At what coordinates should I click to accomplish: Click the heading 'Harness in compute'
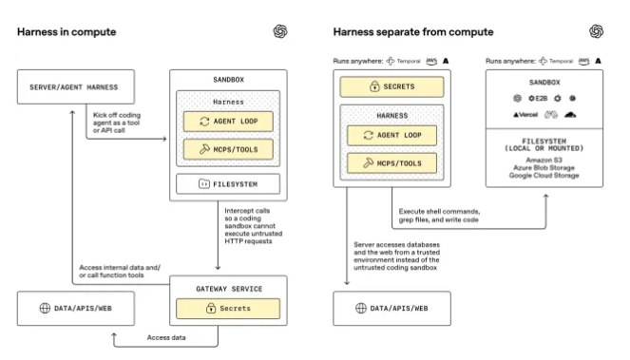coord(67,32)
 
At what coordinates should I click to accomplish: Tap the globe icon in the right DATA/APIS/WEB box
coord(358,310)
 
